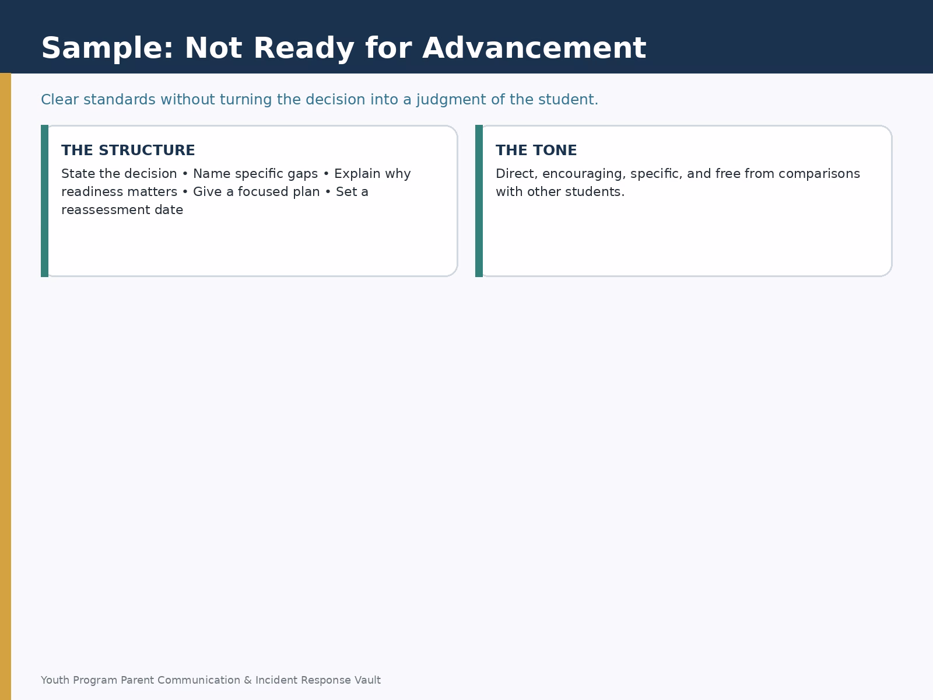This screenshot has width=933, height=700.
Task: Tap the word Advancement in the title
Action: [534, 48]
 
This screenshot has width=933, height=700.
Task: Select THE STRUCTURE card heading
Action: [128, 150]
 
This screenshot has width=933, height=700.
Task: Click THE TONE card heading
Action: [536, 150]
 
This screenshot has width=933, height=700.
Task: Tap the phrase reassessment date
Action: [122, 210]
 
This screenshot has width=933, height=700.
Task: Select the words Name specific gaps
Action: [255, 174]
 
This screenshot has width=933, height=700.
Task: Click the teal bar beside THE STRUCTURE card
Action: [45, 201]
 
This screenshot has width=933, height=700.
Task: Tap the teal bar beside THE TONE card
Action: [479, 201]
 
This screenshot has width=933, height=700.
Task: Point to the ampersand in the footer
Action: [248, 680]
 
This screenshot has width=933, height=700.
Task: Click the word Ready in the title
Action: [304, 48]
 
